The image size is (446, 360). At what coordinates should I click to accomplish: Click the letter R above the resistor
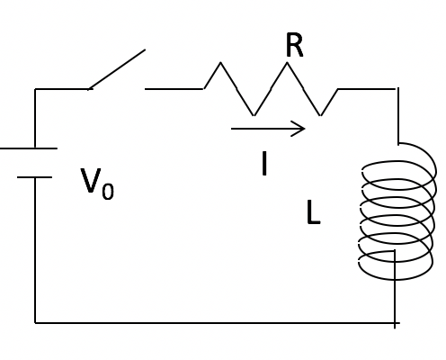pyautogui.click(x=295, y=45)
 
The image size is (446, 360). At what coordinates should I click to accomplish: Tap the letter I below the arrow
pyautogui.click(x=264, y=163)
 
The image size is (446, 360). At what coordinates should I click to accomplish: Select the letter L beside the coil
pyautogui.click(x=314, y=212)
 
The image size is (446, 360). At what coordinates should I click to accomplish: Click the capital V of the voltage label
pyautogui.click(x=91, y=181)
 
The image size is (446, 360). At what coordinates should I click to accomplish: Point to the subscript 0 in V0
pyautogui.click(x=108, y=191)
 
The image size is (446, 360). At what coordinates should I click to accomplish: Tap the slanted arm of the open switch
pyautogui.click(x=117, y=69)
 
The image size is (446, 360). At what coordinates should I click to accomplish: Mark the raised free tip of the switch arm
pyautogui.click(x=145, y=50)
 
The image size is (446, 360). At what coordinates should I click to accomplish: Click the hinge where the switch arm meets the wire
pyautogui.click(x=89, y=89)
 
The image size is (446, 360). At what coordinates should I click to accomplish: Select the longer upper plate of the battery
pyautogui.click(x=29, y=148)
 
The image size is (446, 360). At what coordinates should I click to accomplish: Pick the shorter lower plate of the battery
pyautogui.click(x=34, y=177)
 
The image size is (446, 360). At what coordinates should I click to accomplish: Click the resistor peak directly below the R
pyautogui.click(x=287, y=63)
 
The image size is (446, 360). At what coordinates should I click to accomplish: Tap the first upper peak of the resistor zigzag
pyautogui.click(x=221, y=63)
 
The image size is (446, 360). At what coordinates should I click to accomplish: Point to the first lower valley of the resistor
pyautogui.click(x=254, y=114)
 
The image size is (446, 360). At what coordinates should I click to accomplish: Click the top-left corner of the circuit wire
pyautogui.click(x=35, y=89)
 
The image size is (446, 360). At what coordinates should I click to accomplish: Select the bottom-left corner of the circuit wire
pyautogui.click(x=35, y=323)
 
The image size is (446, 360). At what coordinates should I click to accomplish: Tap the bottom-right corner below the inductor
pyautogui.click(x=395, y=323)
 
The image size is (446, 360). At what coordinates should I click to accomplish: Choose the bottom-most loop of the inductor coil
pyautogui.click(x=395, y=265)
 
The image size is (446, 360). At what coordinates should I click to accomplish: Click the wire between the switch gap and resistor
pyautogui.click(x=174, y=89)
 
